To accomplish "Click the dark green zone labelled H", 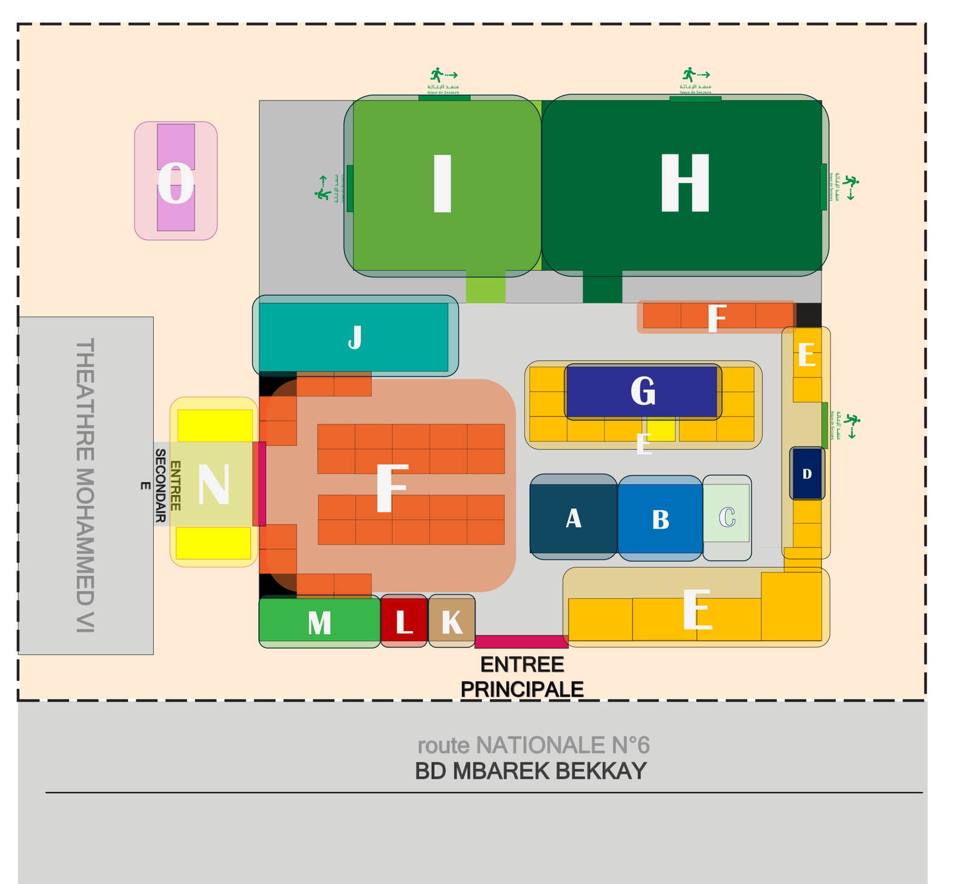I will coord(685,184).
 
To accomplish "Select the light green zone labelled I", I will coord(442,184).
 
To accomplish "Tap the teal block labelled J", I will coord(354,337).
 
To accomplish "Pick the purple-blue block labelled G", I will coord(642,391).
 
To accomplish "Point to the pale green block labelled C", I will coord(727,517).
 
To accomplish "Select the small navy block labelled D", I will coord(807,474).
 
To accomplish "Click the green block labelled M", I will coord(320,622).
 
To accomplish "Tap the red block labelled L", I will coord(404,621).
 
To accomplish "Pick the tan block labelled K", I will coord(451,622).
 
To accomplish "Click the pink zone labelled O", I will coord(176,182).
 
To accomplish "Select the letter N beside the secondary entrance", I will coord(214,485).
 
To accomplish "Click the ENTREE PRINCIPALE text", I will coord(522,677).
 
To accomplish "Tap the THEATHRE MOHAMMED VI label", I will coord(84,485).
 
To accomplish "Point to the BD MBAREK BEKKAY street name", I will coord(530,771).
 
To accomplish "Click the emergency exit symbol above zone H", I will coord(695,78).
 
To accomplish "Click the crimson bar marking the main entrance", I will coord(521,641).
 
